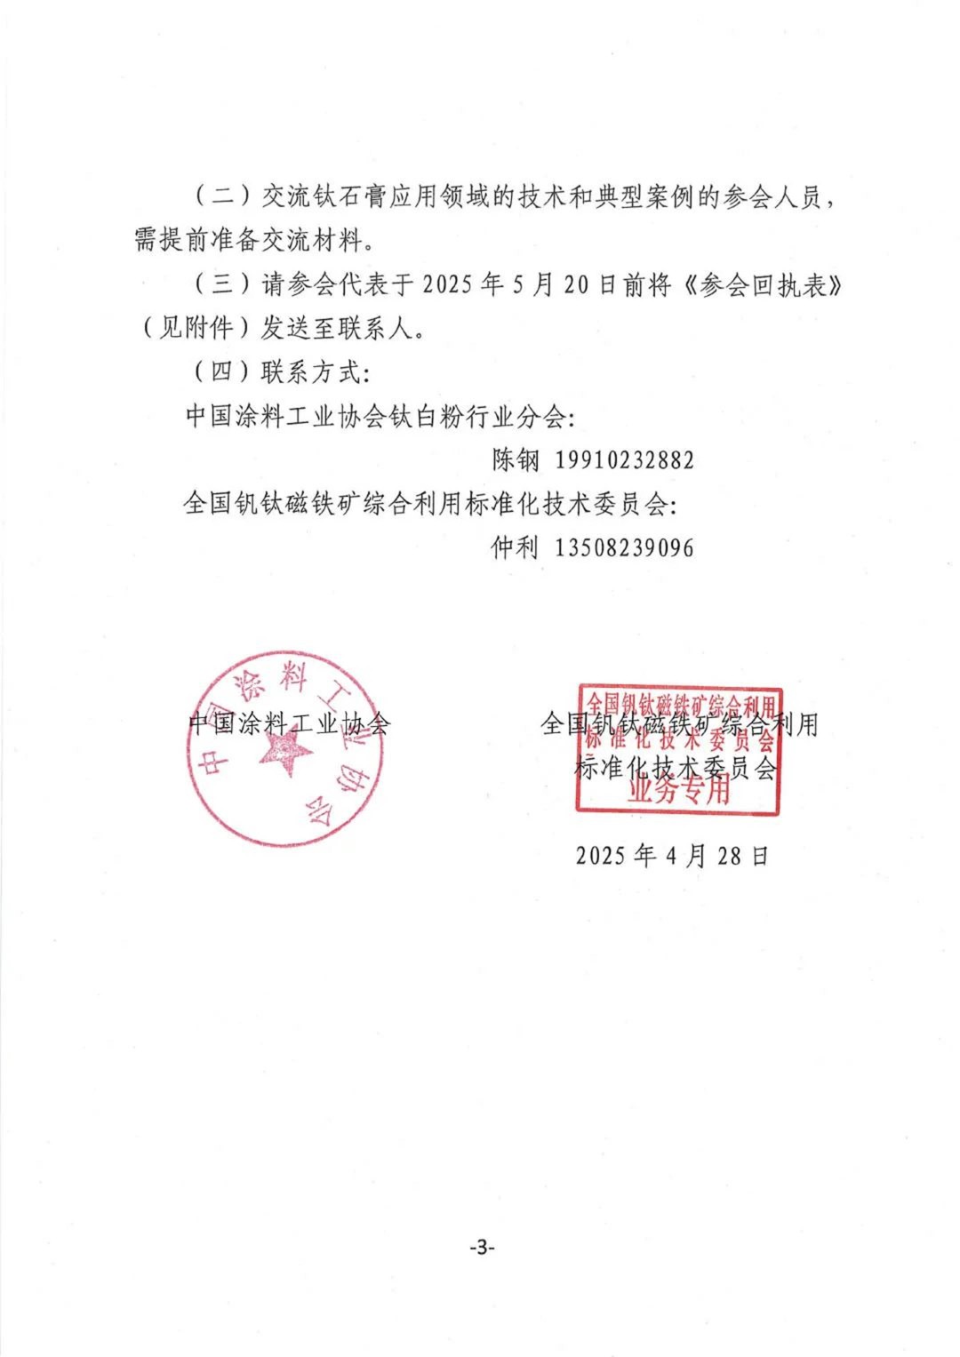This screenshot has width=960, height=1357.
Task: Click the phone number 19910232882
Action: [624, 460]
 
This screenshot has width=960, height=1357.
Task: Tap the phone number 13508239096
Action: [624, 547]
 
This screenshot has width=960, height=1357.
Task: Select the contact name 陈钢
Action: [516, 460]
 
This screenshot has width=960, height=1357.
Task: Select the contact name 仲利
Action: [516, 547]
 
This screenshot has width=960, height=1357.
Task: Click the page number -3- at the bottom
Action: [481, 1247]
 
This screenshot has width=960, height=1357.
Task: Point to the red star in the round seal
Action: [286, 752]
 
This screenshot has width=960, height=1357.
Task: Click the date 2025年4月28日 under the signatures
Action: [672, 856]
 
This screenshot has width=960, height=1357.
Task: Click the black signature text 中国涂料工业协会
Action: [289, 723]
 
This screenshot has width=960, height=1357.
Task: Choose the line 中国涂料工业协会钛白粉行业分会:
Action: [380, 416]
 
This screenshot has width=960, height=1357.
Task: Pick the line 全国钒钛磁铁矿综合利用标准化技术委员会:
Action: [430, 504]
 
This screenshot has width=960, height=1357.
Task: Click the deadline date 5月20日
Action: [564, 285]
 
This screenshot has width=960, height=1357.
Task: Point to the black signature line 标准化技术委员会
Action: [676, 767]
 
